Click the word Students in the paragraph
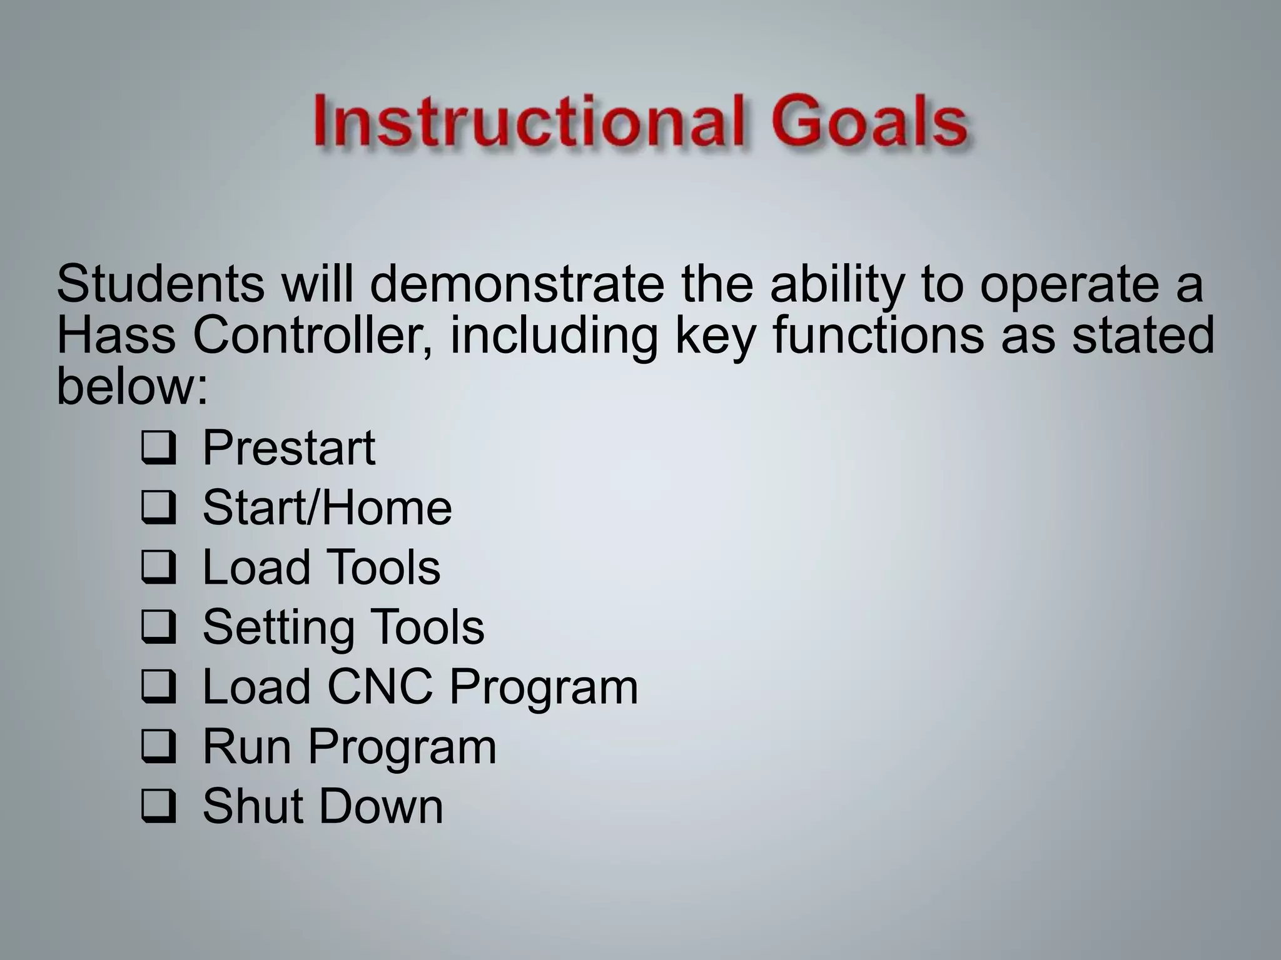pos(160,284)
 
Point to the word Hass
pos(116,336)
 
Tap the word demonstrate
pos(516,284)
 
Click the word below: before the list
pos(131,387)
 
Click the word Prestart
pos(288,448)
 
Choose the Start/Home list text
pos(327,507)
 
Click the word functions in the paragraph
pos(878,336)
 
